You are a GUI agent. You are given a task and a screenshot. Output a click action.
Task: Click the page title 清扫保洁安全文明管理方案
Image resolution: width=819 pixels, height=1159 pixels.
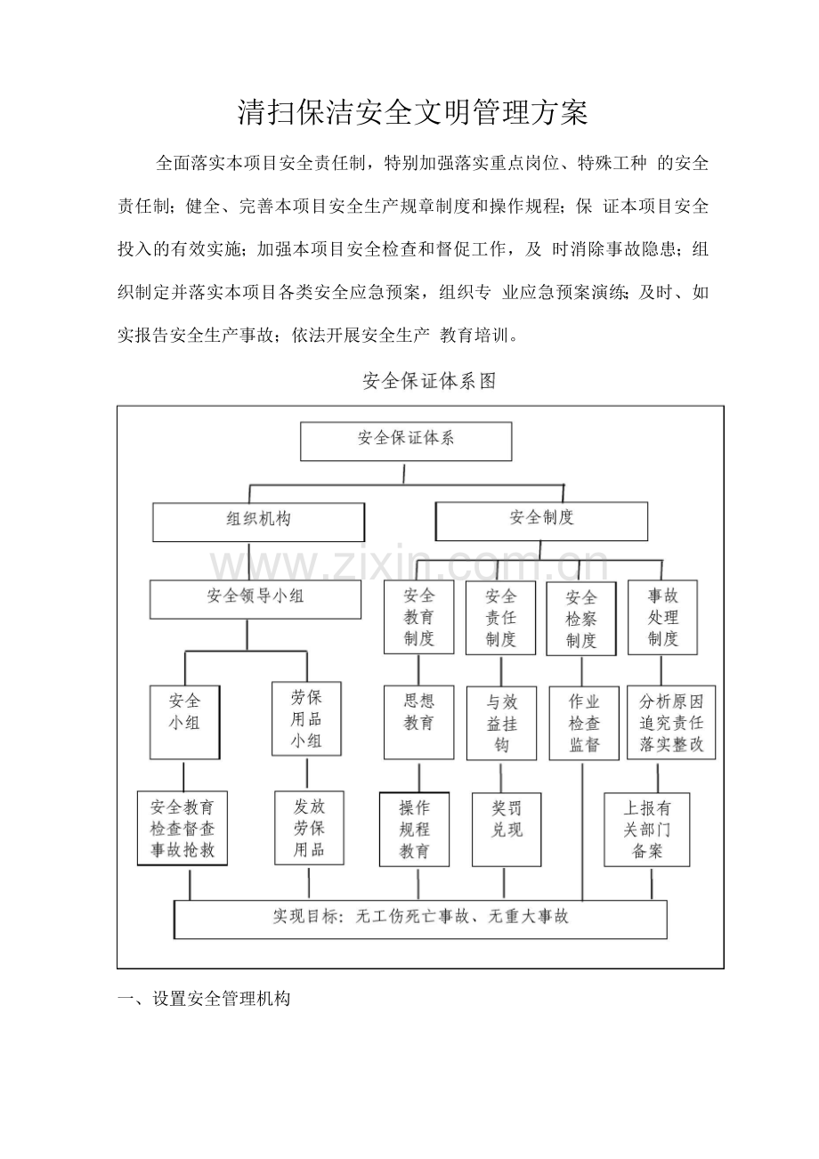pos(412,112)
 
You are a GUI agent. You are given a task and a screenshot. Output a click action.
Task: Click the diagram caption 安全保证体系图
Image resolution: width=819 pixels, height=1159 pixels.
pos(429,381)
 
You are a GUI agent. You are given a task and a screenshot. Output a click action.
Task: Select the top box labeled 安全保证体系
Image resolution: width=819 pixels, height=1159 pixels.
pos(406,442)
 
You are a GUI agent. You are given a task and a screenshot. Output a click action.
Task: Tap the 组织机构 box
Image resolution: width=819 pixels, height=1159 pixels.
pos(259,522)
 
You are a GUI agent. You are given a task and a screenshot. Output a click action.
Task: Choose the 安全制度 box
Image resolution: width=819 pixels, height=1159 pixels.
pos(541,521)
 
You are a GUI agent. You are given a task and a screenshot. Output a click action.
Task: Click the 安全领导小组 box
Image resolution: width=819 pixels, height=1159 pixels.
pos(255,599)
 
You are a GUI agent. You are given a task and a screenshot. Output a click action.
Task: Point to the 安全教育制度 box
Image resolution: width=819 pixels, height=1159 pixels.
pos(419,617)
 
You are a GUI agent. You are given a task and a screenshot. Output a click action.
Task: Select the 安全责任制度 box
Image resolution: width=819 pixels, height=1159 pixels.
pos(501,617)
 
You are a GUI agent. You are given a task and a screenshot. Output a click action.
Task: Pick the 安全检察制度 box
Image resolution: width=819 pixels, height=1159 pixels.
pos(581,619)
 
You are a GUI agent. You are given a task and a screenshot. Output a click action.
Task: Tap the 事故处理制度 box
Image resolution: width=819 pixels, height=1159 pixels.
pos(662,617)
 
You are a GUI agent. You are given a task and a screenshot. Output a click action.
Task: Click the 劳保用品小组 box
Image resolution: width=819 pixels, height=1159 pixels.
pos(307,718)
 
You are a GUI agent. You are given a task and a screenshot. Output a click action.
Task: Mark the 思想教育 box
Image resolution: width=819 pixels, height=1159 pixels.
pos(419,722)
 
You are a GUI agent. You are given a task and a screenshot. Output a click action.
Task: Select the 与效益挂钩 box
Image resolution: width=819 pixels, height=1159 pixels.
pos(502,724)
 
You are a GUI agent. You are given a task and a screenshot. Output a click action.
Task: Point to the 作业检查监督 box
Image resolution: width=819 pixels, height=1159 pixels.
pos(584,723)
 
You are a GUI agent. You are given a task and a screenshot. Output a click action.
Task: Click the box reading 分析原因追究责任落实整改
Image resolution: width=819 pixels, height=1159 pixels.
pos(671,722)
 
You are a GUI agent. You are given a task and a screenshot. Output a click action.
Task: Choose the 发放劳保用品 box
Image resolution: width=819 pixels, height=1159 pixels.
pos(310,828)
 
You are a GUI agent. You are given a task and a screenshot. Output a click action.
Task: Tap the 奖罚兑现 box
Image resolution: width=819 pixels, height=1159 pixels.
pos(507,830)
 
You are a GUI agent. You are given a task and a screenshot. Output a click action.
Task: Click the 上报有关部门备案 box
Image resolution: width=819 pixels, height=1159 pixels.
pos(647,830)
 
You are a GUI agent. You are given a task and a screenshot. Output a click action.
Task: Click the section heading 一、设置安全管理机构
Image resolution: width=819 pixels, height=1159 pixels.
pos(205,998)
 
